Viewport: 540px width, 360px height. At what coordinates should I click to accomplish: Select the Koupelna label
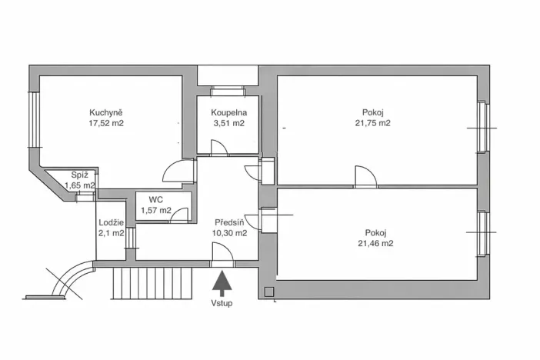tap(228, 112)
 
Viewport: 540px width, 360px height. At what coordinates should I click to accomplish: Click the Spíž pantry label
tap(78, 175)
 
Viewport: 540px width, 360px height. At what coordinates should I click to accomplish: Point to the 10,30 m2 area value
tap(230, 233)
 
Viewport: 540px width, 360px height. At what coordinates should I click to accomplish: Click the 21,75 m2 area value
tap(372, 122)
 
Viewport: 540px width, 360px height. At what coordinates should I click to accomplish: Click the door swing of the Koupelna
tap(218, 148)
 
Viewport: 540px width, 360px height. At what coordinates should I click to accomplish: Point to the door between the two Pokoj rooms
tap(365, 177)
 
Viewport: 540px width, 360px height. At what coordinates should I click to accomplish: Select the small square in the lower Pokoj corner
tap(268, 292)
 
